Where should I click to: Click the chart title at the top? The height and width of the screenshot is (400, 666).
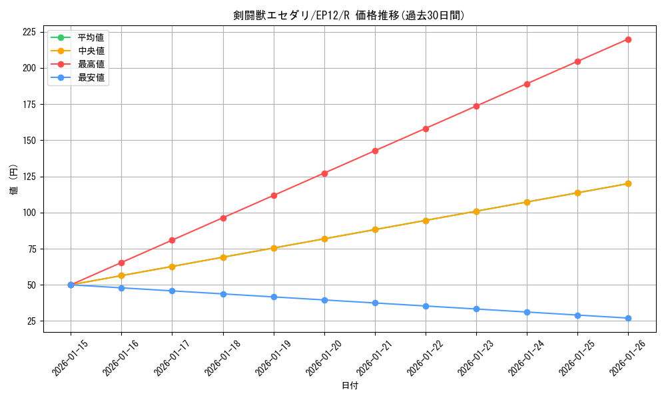pos(349,15)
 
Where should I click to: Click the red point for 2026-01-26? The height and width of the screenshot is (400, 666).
pos(628,39)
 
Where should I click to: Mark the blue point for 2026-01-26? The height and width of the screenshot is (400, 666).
pos(628,318)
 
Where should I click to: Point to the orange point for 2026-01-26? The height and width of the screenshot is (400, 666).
pos(628,183)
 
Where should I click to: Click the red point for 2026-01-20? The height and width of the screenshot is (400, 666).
pos(324,173)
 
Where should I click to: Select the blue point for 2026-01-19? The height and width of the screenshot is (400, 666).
pos(274,297)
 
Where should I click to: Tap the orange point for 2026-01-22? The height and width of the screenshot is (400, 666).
pos(426,220)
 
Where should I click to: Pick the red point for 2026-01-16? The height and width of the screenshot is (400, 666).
pos(121,263)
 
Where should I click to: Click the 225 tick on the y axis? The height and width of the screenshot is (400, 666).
pos(29,32)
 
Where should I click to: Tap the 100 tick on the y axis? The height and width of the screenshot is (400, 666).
pos(29,213)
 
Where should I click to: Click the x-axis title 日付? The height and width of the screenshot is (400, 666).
pos(349,386)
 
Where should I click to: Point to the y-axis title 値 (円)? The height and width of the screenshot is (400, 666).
pos(14,179)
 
